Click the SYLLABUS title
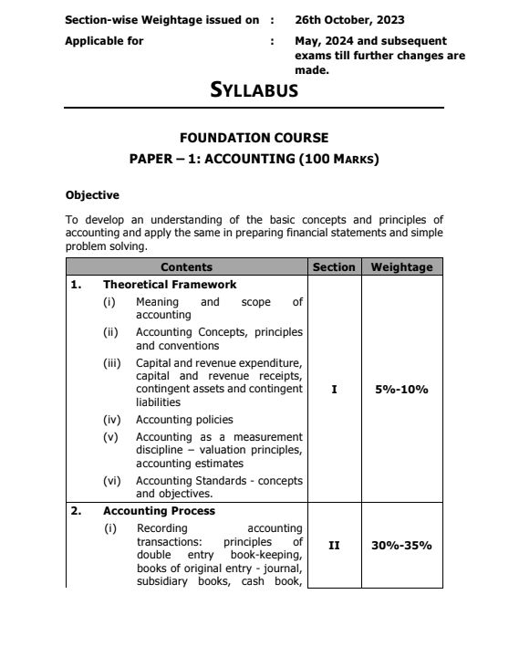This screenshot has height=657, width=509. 254,90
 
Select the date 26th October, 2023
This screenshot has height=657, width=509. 350,19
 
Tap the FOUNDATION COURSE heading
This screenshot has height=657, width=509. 254,138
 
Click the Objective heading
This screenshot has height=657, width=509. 92,194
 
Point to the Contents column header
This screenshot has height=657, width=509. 186,267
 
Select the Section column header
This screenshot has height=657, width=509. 333,267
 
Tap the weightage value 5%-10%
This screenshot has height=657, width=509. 401,390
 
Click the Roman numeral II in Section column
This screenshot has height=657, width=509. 333,545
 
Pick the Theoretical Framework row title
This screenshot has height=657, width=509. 170,285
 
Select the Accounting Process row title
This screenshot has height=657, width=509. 159,511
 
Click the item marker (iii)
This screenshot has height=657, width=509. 111,363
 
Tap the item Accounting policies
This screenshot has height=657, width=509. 184,420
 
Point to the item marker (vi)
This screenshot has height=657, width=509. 111,480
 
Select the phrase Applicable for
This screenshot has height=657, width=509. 104,41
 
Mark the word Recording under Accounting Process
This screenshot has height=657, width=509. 161,527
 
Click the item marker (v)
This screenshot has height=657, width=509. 110,436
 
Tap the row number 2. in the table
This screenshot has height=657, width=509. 77,511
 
